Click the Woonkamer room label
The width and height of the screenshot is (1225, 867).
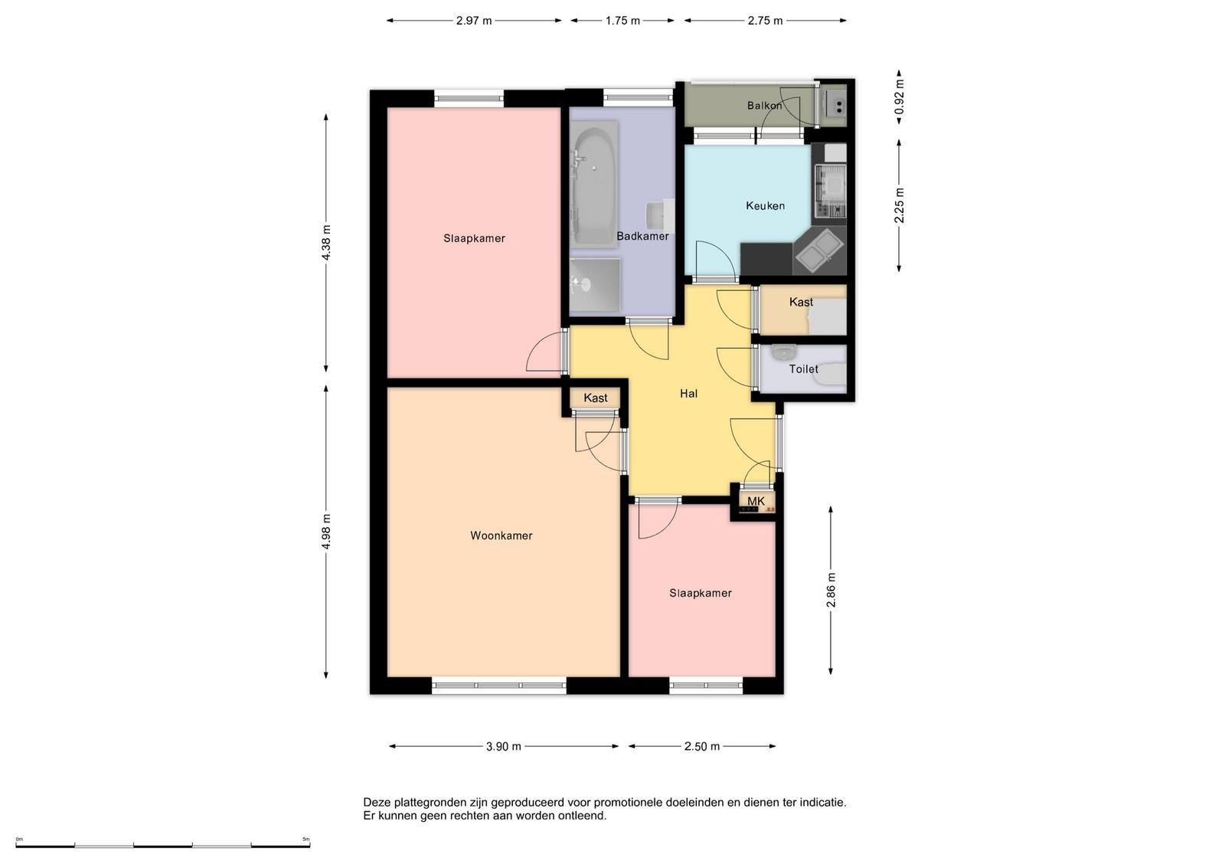(501, 535)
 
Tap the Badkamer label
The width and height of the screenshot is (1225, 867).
(642, 237)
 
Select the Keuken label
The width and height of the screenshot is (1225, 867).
(765, 206)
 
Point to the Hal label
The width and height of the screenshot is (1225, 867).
(688, 394)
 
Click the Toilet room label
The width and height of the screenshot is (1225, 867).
(803, 369)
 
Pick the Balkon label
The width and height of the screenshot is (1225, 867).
(765, 106)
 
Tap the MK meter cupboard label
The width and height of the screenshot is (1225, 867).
(756, 501)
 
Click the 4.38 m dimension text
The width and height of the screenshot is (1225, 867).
(326, 242)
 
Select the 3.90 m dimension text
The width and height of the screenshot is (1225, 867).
(504, 747)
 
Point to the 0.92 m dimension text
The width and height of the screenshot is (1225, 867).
(899, 97)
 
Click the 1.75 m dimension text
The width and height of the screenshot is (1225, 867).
(622, 21)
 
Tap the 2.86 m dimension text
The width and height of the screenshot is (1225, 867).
(831, 591)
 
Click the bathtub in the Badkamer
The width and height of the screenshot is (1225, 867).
(594, 184)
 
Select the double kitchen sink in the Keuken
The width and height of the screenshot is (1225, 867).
(818, 250)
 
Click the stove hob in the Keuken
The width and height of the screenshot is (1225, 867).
(830, 191)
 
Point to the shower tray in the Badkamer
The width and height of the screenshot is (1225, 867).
(595, 284)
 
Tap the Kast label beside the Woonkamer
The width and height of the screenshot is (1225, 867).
(595, 398)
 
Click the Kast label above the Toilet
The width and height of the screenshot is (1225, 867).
(801, 302)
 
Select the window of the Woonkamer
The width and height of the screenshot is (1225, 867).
(498, 685)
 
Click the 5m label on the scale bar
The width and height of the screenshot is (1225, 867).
(306, 839)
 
